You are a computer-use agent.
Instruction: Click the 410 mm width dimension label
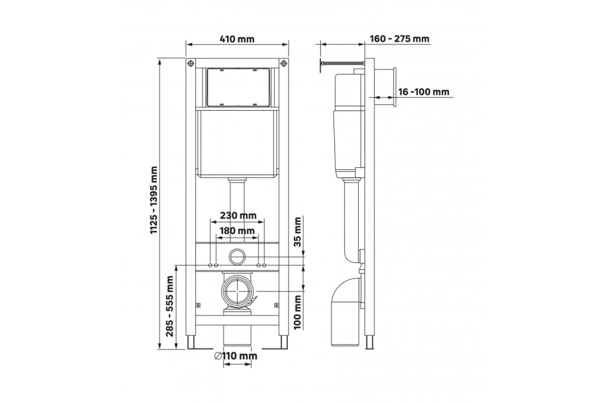tap(237, 39)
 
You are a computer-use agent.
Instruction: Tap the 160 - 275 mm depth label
tap(399, 39)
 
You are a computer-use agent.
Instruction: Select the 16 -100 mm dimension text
tap(424, 92)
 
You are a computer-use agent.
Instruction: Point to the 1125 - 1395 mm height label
tap(154, 200)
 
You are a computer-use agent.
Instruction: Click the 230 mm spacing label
tap(238, 216)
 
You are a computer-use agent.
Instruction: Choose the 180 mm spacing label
tap(237, 231)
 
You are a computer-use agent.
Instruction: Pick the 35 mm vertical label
tap(297, 232)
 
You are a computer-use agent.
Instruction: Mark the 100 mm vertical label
tap(297, 312)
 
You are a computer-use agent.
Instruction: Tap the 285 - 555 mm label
tap(170, 306)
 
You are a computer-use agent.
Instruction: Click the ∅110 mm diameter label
tap(236, 356)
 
